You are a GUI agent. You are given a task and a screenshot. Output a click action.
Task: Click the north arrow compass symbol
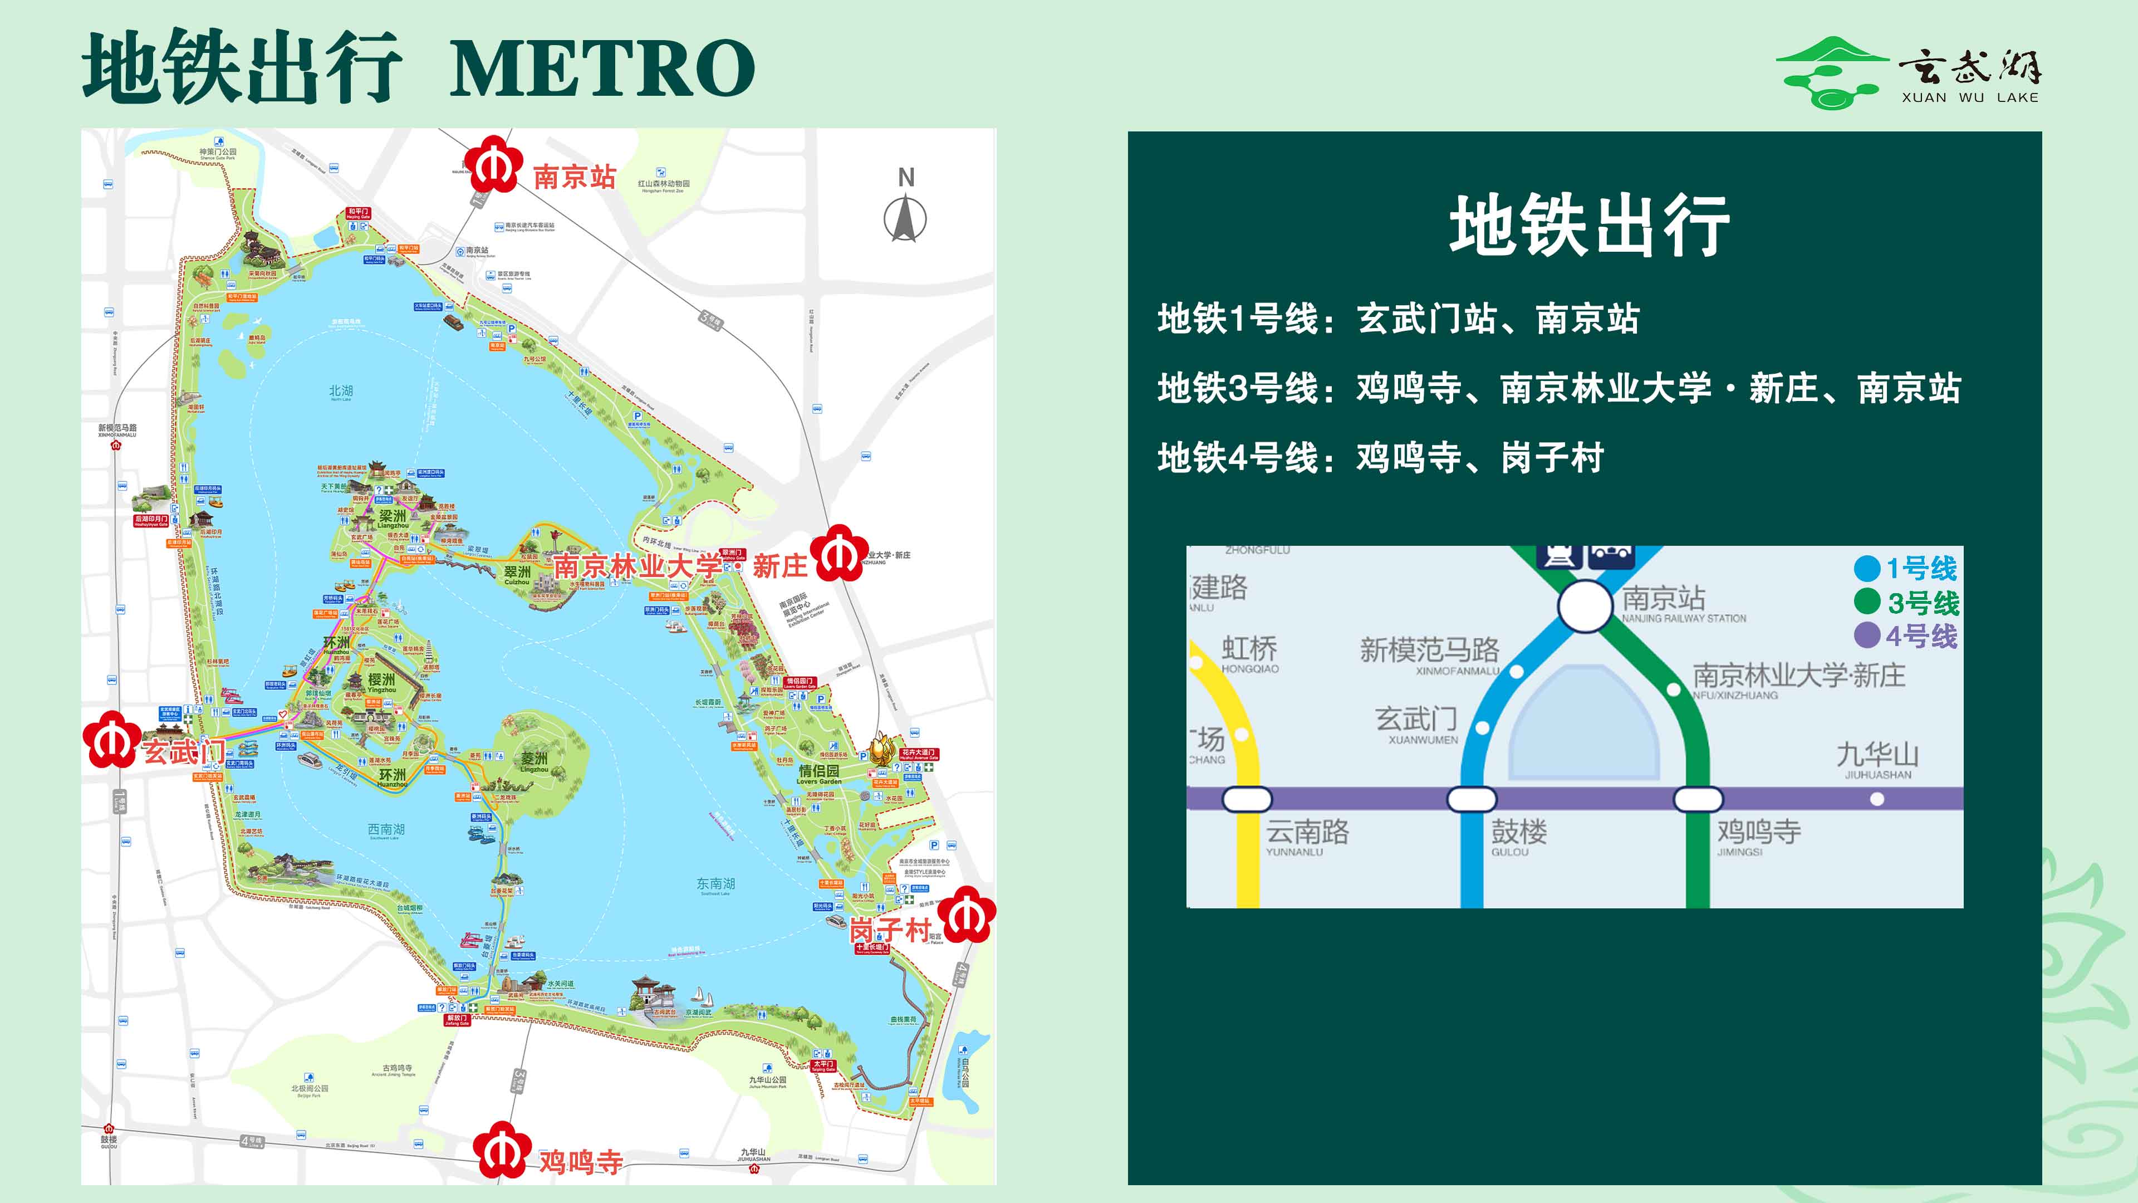click(905, 218)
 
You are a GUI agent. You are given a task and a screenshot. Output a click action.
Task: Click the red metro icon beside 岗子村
click(968, 915)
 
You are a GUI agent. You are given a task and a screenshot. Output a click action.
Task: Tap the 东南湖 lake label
click(715, 884)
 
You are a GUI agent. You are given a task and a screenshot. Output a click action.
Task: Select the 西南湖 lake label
click(386, 829)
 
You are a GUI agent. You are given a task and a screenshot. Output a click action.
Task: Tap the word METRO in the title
click(602, 68)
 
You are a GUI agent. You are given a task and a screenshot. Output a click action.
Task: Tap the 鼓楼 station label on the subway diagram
click(1519, 832)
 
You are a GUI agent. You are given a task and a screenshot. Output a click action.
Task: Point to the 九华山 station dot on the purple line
click(1876, 799)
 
